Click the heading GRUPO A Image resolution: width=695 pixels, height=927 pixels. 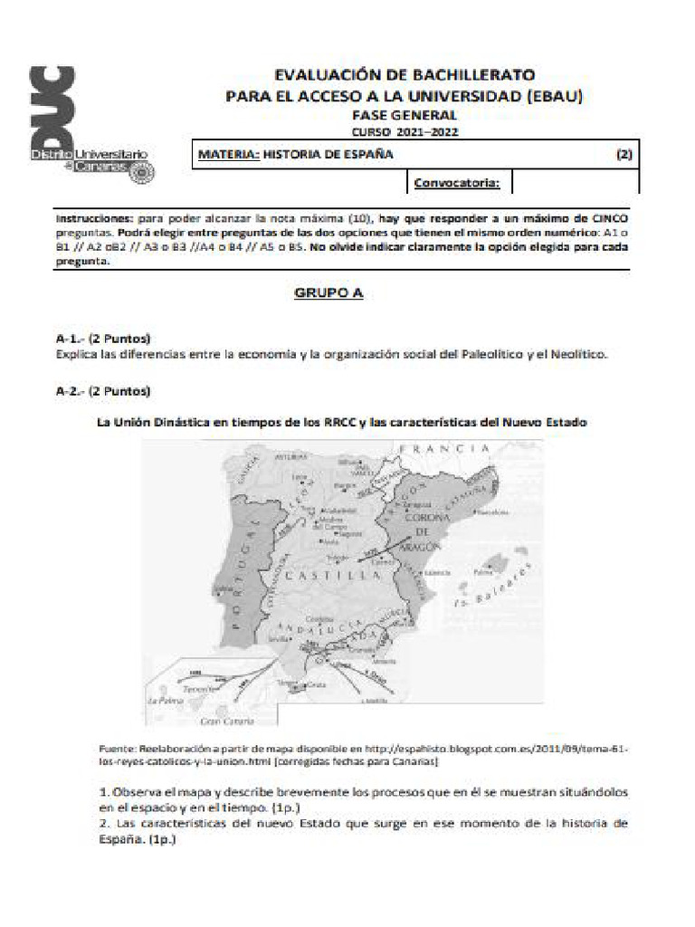[328, 294]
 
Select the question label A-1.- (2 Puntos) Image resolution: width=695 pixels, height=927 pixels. [102, 338]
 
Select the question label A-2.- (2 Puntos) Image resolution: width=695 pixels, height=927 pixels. [102, 391]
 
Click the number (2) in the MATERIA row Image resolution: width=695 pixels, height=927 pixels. [624, 154]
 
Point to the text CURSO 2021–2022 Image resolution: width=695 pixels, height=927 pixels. [405, 131]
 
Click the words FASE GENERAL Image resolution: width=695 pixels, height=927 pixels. [405, 115]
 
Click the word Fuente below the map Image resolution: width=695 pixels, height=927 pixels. [116, 750]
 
